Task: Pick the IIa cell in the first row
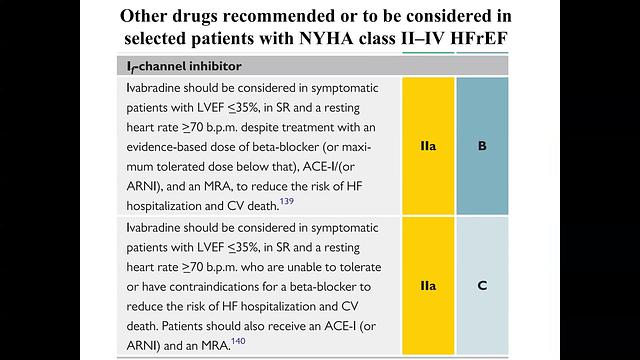(x=428, y=146)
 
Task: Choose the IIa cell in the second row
(x=428, y=285)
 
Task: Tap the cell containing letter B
(x=482, y=146)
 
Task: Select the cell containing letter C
(x=482, y=285)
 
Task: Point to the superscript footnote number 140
(x=238, y=341)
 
